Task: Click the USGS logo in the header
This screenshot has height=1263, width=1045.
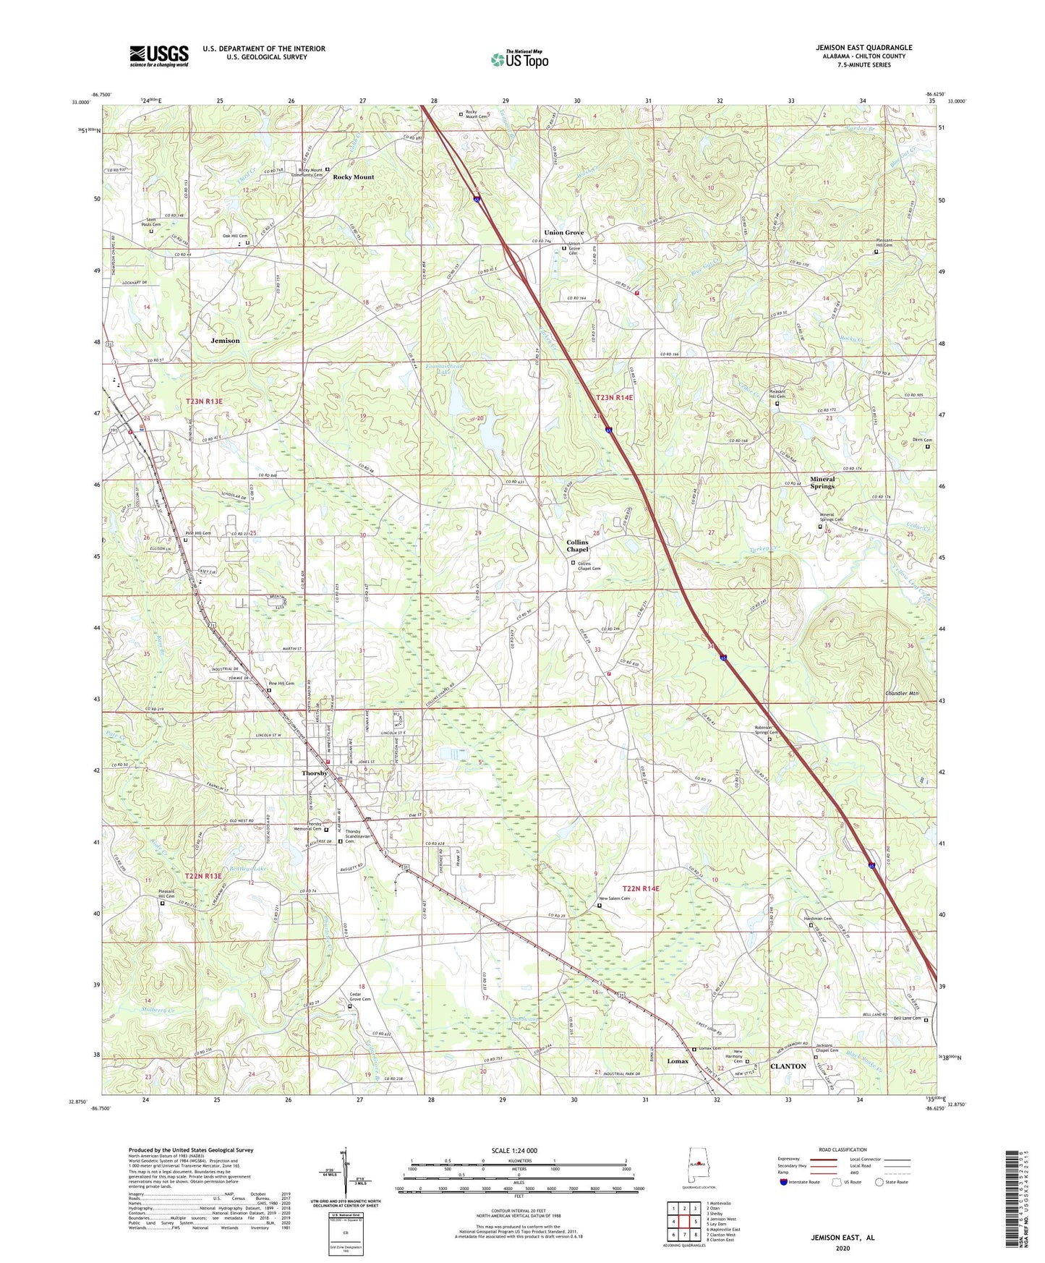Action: (x=159, y=56)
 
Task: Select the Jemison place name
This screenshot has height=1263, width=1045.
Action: (x=225, y=340)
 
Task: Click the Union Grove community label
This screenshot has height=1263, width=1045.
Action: (x=563, y=233)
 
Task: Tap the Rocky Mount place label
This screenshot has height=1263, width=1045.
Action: (x=354, y=177)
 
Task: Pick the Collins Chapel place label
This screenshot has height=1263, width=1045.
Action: (x=577, y=545)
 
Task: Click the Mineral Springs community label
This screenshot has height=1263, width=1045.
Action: (x=822, y=482)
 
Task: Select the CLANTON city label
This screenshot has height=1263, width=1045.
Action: (x=788, y=1066)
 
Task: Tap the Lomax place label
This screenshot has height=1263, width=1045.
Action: (x=678, y=1061)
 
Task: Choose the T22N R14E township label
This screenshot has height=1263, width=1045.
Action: (x=641, y=888)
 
